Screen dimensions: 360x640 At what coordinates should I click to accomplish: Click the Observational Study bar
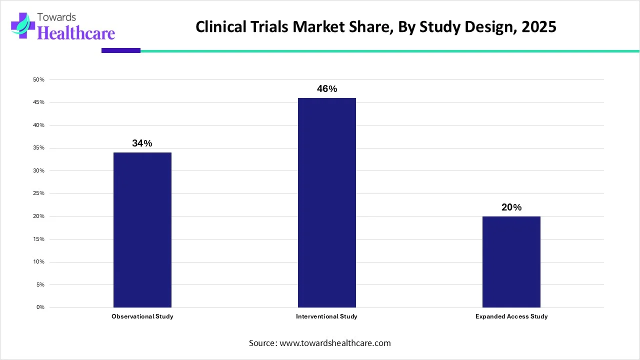(142, 229)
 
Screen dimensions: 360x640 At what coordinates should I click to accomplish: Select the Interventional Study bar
(327, 202)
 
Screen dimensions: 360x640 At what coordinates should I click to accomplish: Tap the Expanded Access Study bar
(511, 261)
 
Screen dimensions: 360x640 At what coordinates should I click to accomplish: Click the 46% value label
(327, 89)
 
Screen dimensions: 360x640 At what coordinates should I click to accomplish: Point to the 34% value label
(142, 143)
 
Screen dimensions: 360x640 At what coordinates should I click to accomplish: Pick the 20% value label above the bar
(511, 207)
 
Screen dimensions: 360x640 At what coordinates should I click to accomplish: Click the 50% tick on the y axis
(39, 80)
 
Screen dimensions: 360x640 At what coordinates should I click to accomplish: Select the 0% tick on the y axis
(40, 307)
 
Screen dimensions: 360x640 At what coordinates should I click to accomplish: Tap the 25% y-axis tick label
(39, 193)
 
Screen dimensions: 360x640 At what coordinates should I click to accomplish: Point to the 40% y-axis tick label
(39, 125)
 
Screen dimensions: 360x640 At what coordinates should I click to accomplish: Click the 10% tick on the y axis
(39, 262)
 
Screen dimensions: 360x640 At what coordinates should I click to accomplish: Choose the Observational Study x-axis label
(142, 316)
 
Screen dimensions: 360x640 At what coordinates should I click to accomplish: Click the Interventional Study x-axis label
(326, 316)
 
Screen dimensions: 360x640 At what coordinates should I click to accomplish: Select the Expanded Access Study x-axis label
(511, 316)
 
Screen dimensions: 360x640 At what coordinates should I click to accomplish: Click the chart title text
(375, 27)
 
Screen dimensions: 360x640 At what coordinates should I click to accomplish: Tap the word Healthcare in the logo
(76, 33)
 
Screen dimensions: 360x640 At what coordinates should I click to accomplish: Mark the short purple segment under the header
(121, 50)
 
